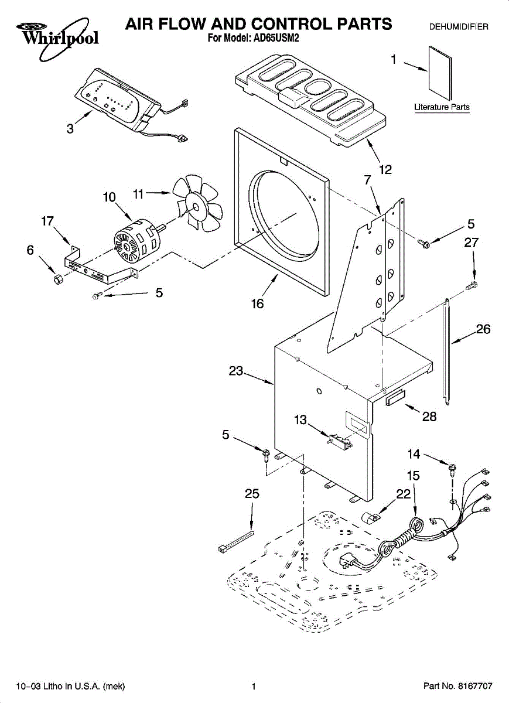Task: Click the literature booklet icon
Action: pyautogui.click(x=440, y=73)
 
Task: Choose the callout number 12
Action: pyautogui.click(x=385, y=170)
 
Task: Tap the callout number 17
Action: pyautogui.click(x=47, y=221)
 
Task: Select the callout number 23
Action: pyautogui.click(x=235, y=371)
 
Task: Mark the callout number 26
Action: pyautogui.click(x=483, y=330)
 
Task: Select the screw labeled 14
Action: pyautogui.click(x=453, y=466)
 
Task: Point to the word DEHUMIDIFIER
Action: pyautogui.click(x=459, y=27)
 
